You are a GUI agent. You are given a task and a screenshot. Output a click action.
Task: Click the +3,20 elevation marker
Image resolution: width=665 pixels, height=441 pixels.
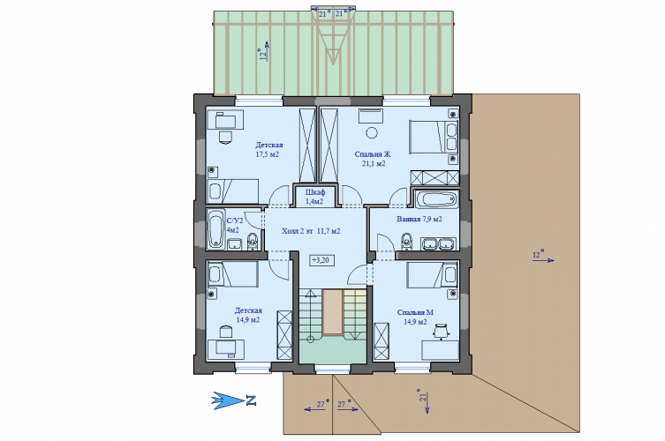pos(322,259)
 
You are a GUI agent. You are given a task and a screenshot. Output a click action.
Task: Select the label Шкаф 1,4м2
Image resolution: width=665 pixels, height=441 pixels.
pos(314,197)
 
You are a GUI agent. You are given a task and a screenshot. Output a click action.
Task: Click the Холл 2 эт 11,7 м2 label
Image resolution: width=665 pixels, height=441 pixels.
pos(311,231)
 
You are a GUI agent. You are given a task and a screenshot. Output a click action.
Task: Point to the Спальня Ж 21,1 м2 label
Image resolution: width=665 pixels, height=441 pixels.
pos(373,159)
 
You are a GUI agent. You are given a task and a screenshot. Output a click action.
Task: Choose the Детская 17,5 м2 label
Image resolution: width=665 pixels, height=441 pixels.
pos(268,150)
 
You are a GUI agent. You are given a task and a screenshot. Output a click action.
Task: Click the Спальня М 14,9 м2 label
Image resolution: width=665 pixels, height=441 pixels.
pos(415,317)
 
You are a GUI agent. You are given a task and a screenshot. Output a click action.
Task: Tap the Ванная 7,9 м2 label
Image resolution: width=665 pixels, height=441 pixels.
pos(419,219)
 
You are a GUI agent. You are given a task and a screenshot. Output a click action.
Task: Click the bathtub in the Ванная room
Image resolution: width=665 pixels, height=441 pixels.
pos(436,199)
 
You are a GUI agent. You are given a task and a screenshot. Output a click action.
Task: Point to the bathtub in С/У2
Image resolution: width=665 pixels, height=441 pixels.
pos(215,228)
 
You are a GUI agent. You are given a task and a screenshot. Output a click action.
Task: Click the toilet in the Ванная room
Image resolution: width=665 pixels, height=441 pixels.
pos(407,241)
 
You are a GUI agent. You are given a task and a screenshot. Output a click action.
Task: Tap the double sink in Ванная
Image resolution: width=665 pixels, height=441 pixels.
pos(438,243)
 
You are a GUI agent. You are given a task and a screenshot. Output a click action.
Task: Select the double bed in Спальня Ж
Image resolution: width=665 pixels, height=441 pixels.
pos(434,137)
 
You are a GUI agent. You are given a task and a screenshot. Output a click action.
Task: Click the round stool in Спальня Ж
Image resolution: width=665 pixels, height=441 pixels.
pos(372,132)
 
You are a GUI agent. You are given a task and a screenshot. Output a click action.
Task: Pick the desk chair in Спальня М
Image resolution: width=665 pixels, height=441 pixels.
pos(441,332)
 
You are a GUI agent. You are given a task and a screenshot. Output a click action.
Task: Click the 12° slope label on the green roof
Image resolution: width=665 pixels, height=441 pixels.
pos(263,54)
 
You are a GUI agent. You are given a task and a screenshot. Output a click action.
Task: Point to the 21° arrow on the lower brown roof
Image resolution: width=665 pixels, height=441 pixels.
pos(427,402)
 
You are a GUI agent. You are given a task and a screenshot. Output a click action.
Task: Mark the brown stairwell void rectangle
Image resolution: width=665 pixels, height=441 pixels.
pos(332,312)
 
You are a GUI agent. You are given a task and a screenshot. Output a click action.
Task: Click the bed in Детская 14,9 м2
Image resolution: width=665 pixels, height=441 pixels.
pos(232,274)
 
